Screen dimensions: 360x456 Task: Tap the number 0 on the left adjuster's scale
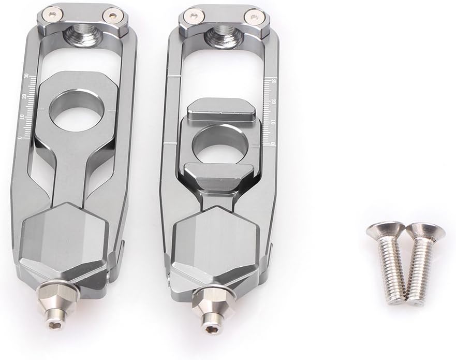[20, 137]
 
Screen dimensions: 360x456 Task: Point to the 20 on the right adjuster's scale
[273, 102]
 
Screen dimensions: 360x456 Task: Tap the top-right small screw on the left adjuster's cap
[109, 16]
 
